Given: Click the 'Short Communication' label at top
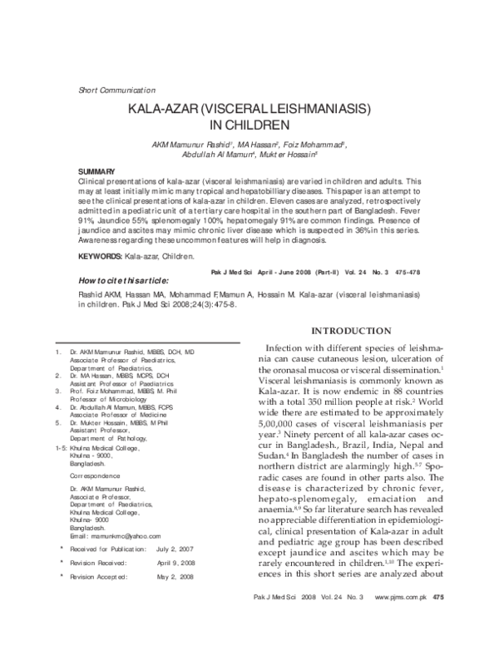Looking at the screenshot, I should [x=116, y=89].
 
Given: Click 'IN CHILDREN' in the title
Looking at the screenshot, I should [x=249, y=126].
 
